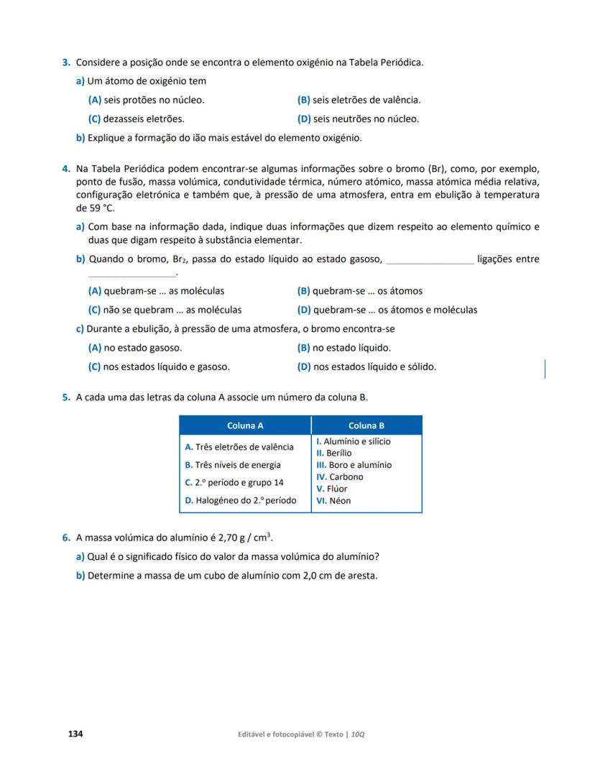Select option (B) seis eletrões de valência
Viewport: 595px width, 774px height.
pyautogui.click(x=359, y=100)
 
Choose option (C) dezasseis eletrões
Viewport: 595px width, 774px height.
pyautogui.click(x=136, y=119)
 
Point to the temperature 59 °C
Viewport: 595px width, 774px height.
pyautogui.click(x=95, y=208)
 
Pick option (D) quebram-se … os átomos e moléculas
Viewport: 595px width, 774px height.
pyautogui.click(x=387, y=310)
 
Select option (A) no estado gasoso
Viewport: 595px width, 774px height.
pyautogui.click(x=134, y=348)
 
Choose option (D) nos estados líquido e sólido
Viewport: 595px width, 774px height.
pyautogui.click(x=366, y=367)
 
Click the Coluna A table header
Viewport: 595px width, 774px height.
pyautogui.click(x=245, y=425)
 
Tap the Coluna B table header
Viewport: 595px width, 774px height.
pyautogui.click(x=366, y=425)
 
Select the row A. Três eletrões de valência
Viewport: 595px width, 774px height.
pyautogui.click(x=239, y=447)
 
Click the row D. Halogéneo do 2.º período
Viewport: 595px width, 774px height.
pyautogui.click(x=240, y=500)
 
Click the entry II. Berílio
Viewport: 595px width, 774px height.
pyautogui.click(x=334, y=453)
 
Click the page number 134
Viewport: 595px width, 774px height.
pyautogui.click(x=75, y=734)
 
